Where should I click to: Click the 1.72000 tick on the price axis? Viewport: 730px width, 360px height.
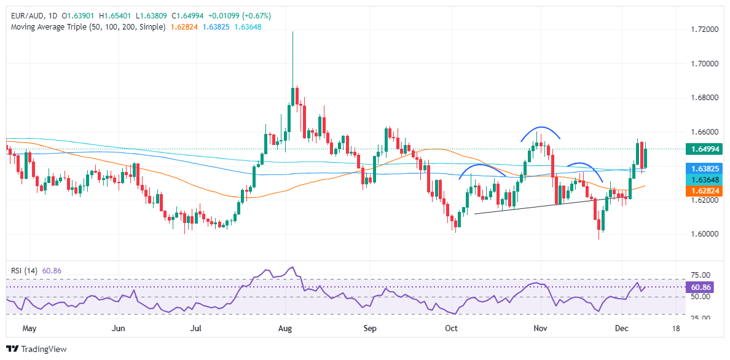(x=697, y=29)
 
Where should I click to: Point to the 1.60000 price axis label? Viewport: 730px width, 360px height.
(x=697, y=234)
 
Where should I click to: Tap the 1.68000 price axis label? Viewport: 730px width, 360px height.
(x=697, y=98)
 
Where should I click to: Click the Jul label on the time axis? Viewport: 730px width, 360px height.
(x=196, y=329)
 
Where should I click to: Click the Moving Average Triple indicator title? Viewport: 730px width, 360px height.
(x=85, y=27)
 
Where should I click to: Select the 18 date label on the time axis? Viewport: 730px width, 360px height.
(x=677, y=329)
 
